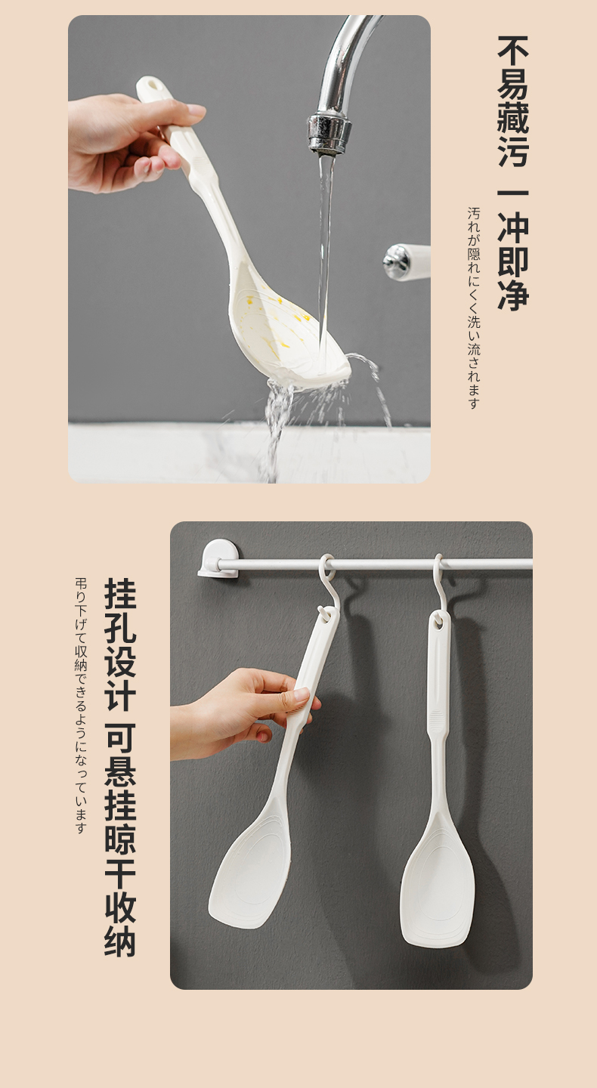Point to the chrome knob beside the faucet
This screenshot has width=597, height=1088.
pyautogui.click(x=397, y=261)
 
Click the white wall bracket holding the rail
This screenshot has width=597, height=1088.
pyautogui.click(x=218, y=558)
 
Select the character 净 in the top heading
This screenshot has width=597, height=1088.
pyautogui.click(x=513, y=295)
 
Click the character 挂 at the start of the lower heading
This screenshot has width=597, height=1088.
pyautogui.click(x=120, y=594)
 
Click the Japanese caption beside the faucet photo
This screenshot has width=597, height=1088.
pyautogui.click(x=474, y=308)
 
